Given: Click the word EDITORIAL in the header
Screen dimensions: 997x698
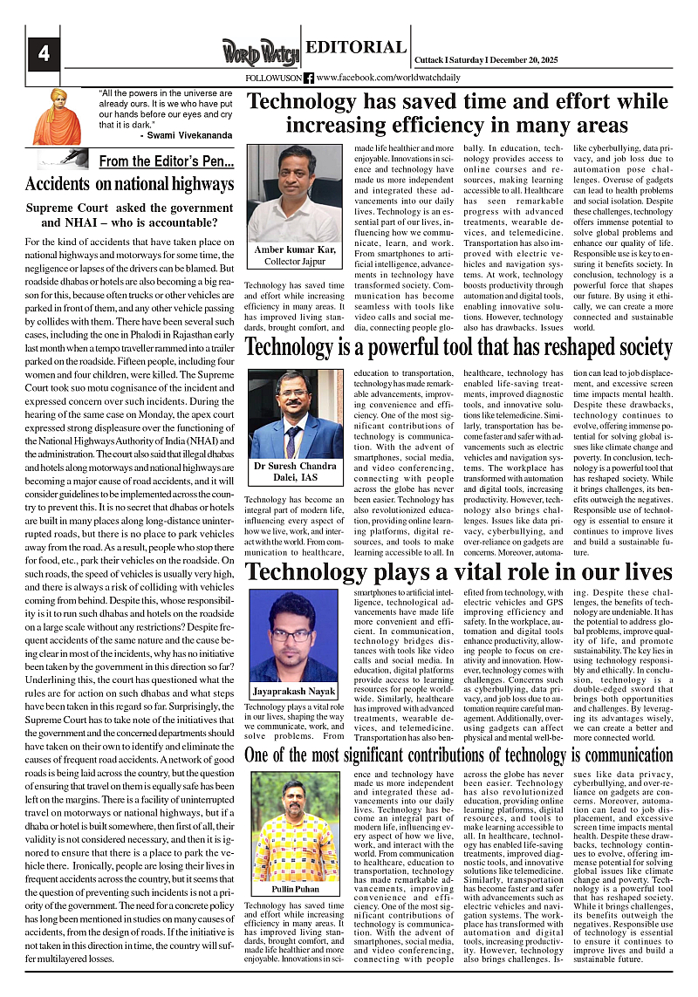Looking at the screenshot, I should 355,48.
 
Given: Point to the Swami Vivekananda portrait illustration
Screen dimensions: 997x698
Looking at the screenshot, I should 57,116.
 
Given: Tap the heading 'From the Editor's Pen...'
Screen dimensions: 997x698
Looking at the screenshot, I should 166,161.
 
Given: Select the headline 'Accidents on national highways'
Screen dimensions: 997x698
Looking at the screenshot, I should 130,184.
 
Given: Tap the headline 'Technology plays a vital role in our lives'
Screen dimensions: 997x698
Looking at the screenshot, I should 459,572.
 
